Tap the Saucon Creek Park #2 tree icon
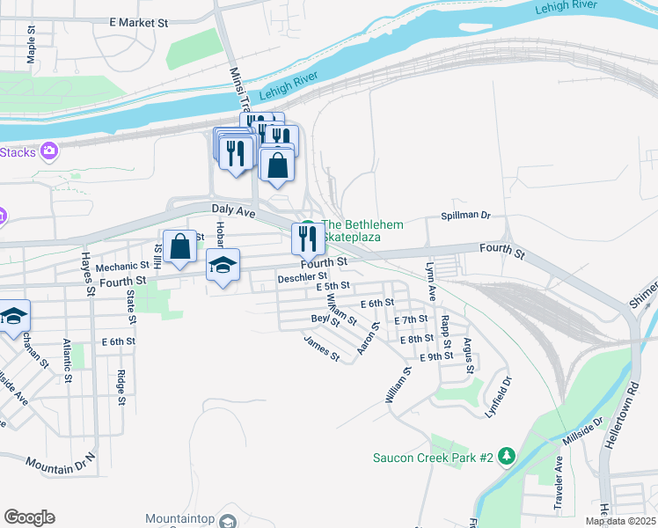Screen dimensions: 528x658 point(506,457)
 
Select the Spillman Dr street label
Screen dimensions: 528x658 point(464,216)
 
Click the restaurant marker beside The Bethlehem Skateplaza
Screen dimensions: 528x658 point(307,238)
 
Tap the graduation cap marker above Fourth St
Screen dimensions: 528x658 point(223,266)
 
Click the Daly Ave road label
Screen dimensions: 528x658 point(233,210)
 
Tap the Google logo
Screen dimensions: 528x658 point(30,517)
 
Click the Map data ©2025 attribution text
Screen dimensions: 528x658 point(620,521)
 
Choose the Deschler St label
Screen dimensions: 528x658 point(303,278)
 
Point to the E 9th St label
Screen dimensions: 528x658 point(435,356)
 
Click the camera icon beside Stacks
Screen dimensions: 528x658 point(49,152)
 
